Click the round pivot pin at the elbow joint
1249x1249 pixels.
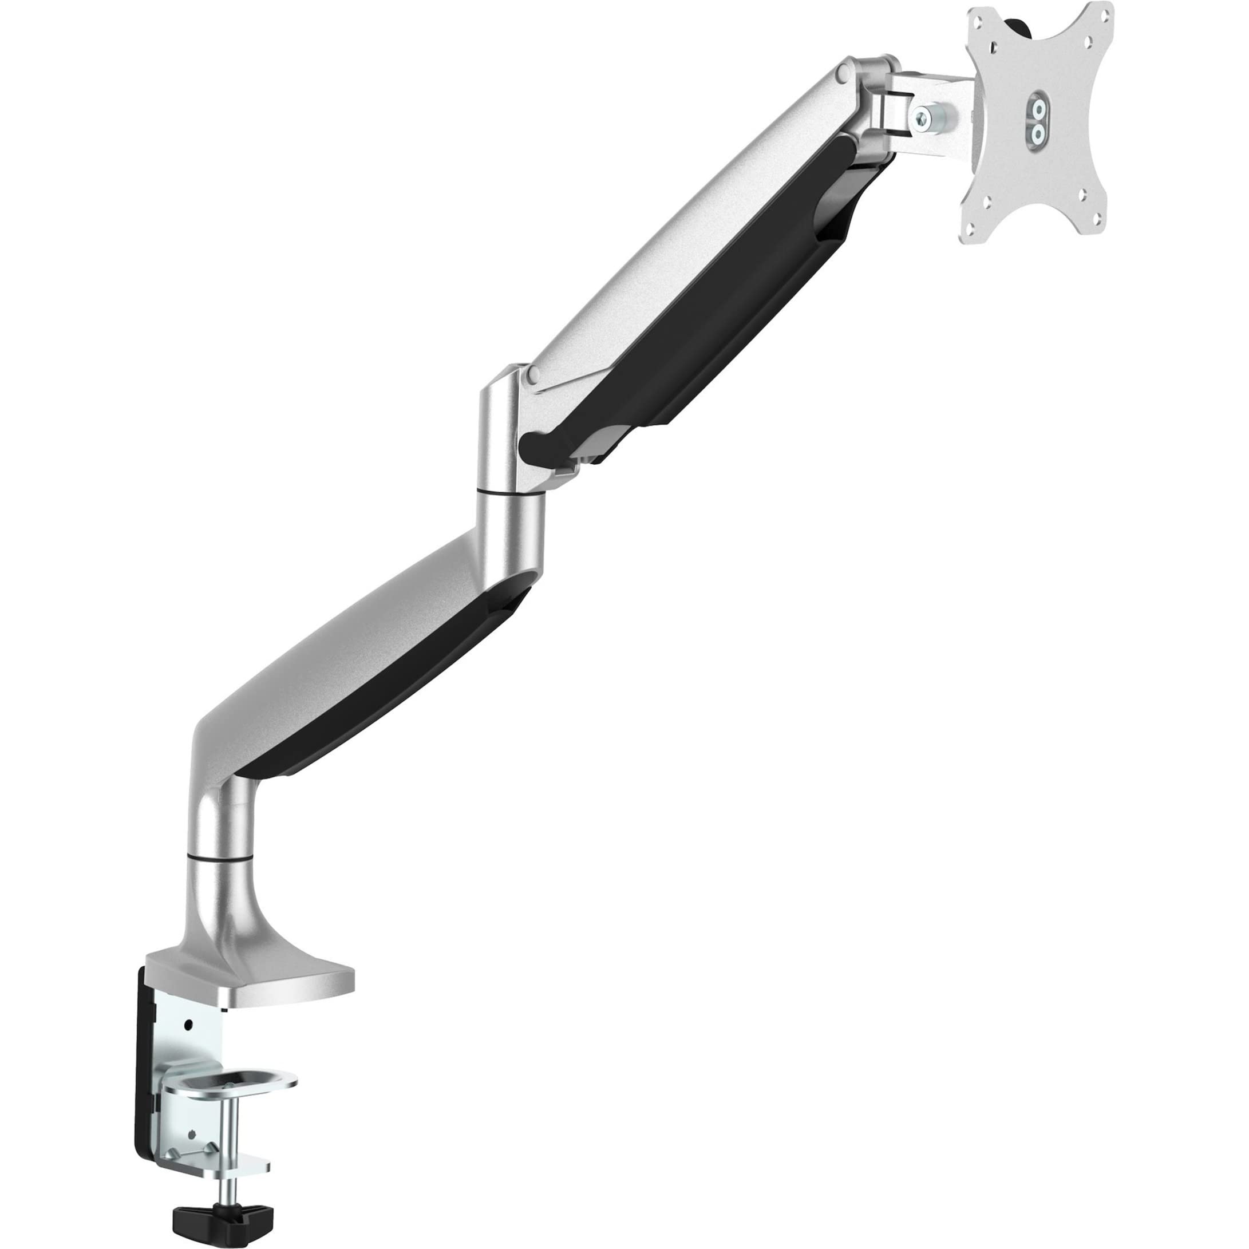pos(533,373)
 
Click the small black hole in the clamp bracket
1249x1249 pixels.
pos(188,1025)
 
